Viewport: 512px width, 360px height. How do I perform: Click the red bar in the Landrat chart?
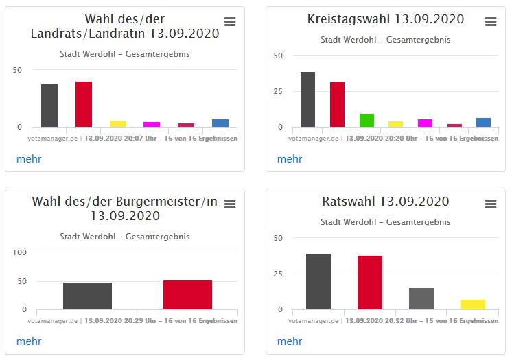(84, 104)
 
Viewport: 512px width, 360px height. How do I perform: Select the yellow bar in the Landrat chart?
(118, 123)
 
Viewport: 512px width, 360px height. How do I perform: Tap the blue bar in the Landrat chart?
(220, 123)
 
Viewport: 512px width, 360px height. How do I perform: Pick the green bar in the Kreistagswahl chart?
(366, 120)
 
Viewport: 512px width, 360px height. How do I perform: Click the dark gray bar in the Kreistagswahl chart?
(307, 99)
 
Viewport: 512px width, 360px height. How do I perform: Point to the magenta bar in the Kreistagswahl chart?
(426, 123)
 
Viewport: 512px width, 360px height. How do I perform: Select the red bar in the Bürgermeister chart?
(187, 295)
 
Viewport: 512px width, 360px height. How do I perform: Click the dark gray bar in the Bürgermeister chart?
(87, 296)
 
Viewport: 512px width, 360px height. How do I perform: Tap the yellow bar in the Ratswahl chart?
(473, 304)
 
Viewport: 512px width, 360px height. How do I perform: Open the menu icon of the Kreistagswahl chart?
(491, 22)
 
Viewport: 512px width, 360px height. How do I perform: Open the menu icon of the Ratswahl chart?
(491, 204)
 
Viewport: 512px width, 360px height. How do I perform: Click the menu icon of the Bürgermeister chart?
(230, 204)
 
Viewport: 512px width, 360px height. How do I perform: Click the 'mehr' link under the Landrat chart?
(29, 159)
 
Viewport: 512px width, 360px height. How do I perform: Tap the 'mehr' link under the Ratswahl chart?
(290, 341)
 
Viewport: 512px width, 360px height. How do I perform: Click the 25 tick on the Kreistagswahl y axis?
(278, 91)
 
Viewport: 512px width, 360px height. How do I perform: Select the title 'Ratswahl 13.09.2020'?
(386, 202)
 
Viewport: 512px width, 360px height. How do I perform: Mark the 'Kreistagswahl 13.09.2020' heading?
(386, 19)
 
